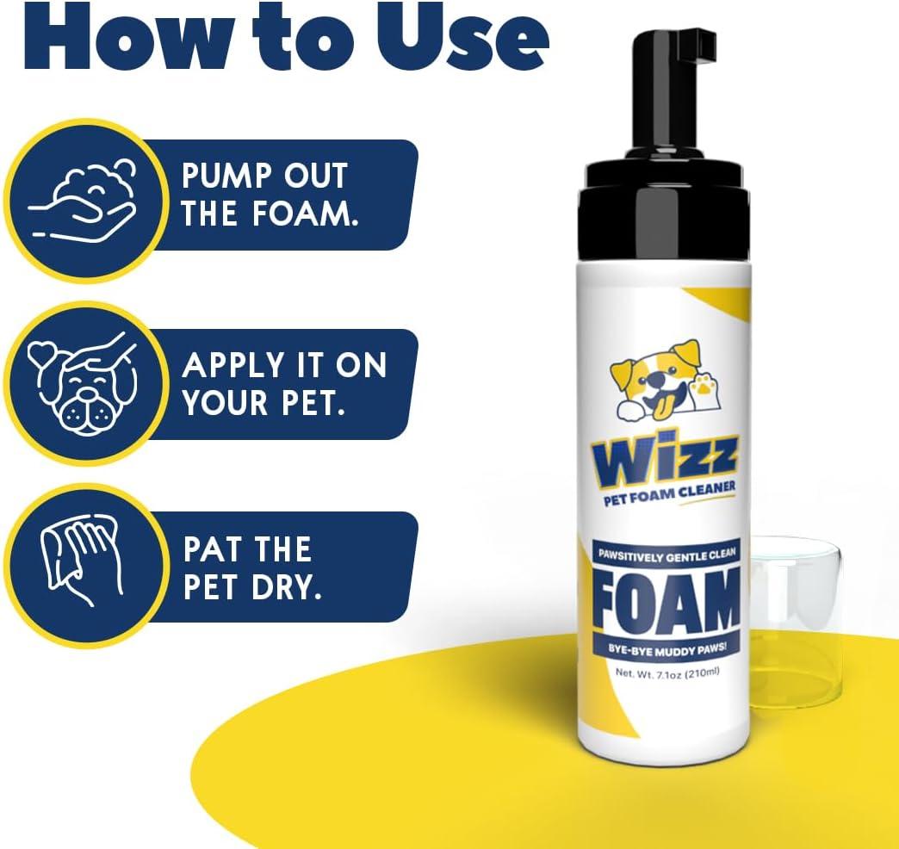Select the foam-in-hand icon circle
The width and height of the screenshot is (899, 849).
86,201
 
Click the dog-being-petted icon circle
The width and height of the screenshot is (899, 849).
86,383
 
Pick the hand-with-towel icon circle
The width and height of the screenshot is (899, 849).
86,565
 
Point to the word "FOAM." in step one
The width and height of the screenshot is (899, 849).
306,214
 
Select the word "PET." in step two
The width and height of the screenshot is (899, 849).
313,403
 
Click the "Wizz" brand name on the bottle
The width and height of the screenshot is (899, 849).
665,462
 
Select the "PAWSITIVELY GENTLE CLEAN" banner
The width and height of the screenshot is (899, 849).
666,555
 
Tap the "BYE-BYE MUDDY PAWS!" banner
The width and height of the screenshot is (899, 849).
667,649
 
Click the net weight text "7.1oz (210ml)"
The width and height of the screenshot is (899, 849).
687,673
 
